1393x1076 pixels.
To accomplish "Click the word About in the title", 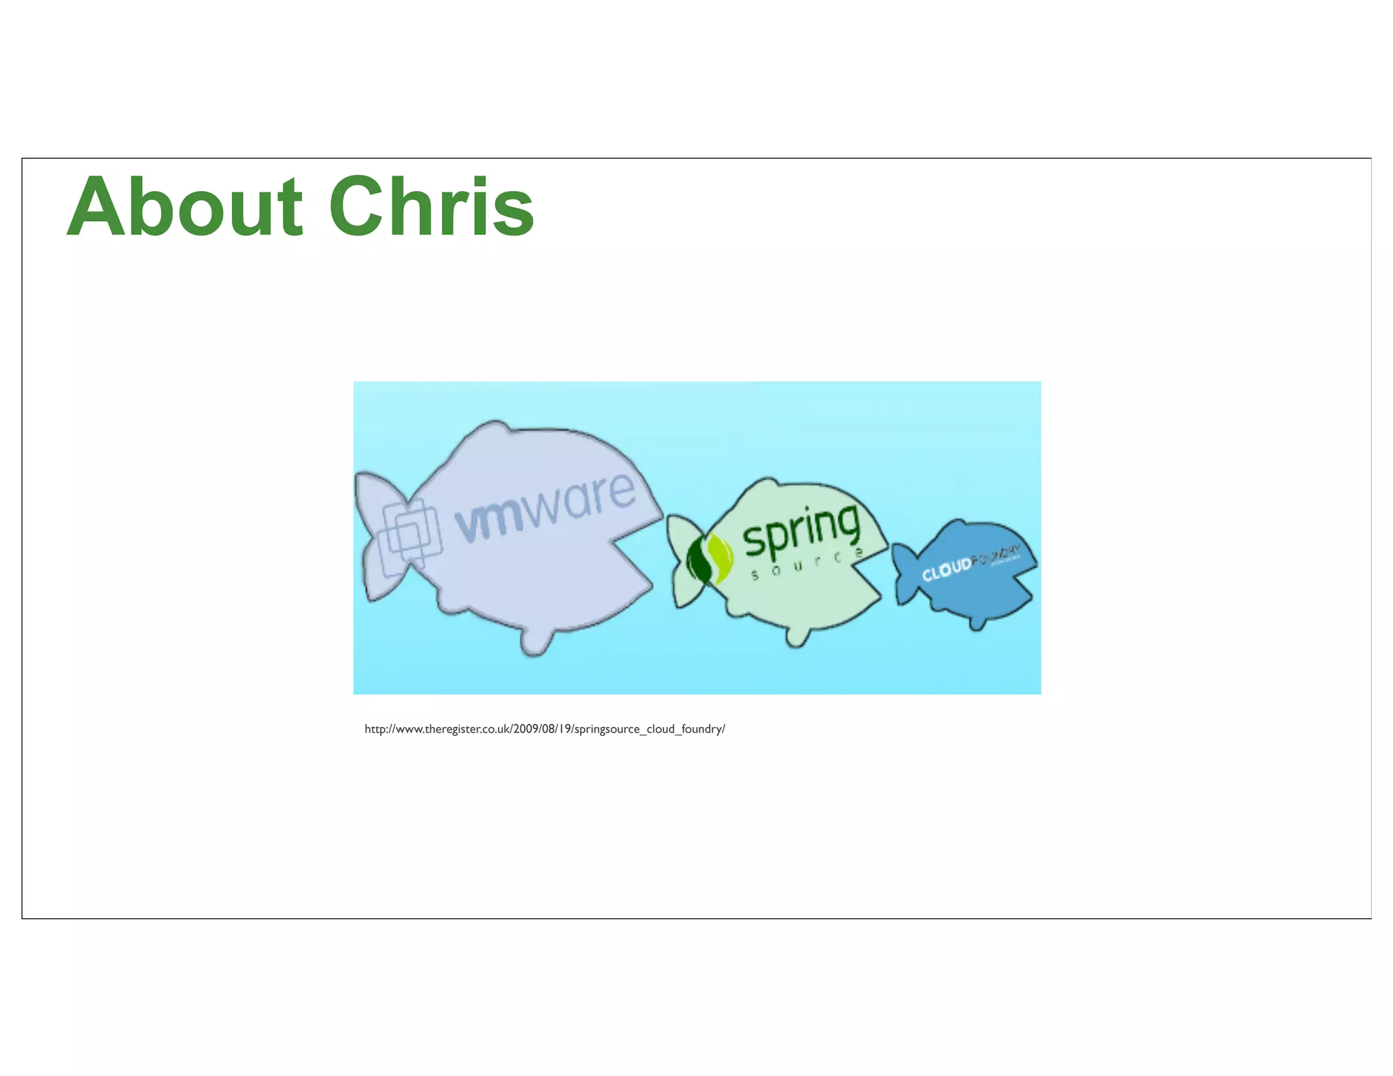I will pyautogui.click(x=184, y=207).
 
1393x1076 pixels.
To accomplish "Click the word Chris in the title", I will pyautogui.click(x=431, y=207).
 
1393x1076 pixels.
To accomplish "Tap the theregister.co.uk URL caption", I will pyautogui.click(x=544, y=729).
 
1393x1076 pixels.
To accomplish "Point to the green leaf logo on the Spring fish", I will pyautogui.click(x=709, y=558).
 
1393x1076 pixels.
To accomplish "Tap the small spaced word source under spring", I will pyautogui.click(x=806, y=565).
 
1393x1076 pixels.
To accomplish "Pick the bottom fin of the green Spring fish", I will pyautogui.click(x=796, y=637).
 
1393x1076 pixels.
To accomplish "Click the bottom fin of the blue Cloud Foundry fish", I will pyautogui.click(x=977, y=622).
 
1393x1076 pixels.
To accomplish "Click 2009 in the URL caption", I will pyautogui.click(x=526, y=729).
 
